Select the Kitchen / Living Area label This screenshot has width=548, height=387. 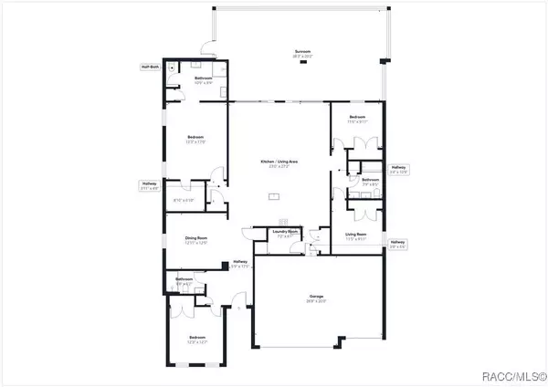tap(279, 162)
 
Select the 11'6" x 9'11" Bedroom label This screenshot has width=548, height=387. tap(359, 118)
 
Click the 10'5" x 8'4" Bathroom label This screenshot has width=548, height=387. tap(205, 79)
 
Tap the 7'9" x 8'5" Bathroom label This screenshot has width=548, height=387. tap(370, 181)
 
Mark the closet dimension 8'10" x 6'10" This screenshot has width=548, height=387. tap(184, 200)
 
